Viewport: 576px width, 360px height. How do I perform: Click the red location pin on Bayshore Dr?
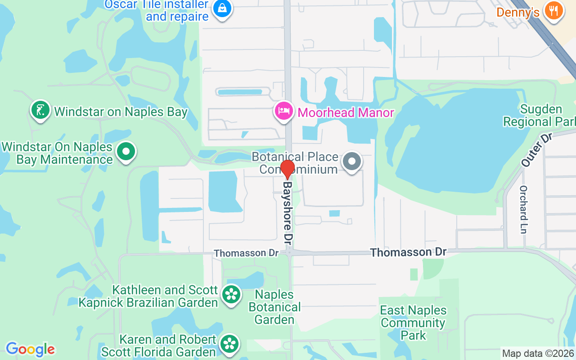pyautogui.click(x=287, y=169)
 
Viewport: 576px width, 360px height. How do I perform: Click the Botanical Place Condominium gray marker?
pyautogui.click(x=352, y=161)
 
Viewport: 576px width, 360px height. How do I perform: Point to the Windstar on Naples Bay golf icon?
pyautogui.click(x=40, y=109)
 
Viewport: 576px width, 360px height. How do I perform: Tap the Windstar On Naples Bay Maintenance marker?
pyautogui.click(x=126, y=152)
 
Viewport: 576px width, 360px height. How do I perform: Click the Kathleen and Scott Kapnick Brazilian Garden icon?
pyautogui.click(x=231, y=295)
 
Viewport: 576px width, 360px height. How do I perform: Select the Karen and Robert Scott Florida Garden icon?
pyautogui.click(x=230, y=344)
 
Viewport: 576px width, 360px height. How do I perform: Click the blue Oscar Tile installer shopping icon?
pyautogui.click(x=222, y=8)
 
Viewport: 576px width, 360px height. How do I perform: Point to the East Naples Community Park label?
pyautogui.click(x=413, y=323)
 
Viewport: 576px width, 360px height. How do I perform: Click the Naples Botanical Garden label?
pyautogui.click(x=274, y=307)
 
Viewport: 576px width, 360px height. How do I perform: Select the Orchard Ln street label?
pyautogui.click(x=523, y=209)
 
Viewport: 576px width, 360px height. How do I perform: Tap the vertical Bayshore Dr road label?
pyautogui.click(x=288, y=212)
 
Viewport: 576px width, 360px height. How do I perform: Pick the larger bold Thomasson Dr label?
pyautogui.click(x=408, y=252)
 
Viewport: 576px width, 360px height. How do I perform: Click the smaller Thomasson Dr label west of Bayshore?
pyautogui.click(x=246, y=253)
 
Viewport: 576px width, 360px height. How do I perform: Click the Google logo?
pyautogui.click(x=30, y=349)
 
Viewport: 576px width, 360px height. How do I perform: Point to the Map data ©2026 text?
pyautogui.click(x=538, y=354)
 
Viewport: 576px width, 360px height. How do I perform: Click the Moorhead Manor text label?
pyautogui.click(x=346, y=112)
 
